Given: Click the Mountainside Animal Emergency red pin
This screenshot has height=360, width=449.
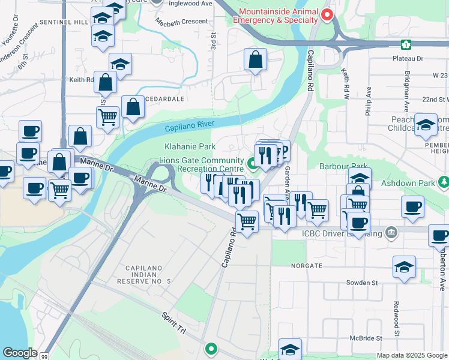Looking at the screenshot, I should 327,15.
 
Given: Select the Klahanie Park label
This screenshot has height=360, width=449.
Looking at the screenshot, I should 190,146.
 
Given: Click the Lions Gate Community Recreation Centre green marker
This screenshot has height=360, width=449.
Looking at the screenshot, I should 253,161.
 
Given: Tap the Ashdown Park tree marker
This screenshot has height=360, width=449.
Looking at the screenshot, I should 444,181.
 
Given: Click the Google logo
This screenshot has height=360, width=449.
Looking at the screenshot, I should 20,353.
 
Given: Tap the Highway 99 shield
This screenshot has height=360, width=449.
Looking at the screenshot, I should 44,356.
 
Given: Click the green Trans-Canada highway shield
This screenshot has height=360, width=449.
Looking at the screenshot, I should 406,44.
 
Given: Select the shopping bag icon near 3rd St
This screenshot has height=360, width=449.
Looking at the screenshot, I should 255,60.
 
